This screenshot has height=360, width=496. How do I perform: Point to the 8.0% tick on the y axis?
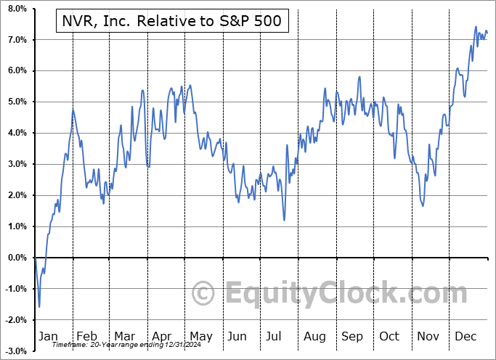click(16, 9)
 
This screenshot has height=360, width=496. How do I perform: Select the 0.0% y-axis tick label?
click(16, 258)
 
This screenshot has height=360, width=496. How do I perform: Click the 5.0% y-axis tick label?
click(16, 102)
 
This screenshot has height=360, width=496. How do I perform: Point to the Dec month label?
click(465, 336)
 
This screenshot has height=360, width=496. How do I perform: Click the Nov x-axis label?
click(428, 336)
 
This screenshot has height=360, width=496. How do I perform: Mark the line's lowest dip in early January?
click(39, 307)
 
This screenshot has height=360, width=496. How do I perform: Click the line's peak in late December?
click(476, 27)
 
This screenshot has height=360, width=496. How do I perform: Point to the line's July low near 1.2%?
click(284, 220)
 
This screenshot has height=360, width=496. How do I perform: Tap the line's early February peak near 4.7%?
click(73, 110)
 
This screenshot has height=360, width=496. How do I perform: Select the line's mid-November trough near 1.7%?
click(423, 205)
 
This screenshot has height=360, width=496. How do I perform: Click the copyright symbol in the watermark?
click(204, 294)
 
